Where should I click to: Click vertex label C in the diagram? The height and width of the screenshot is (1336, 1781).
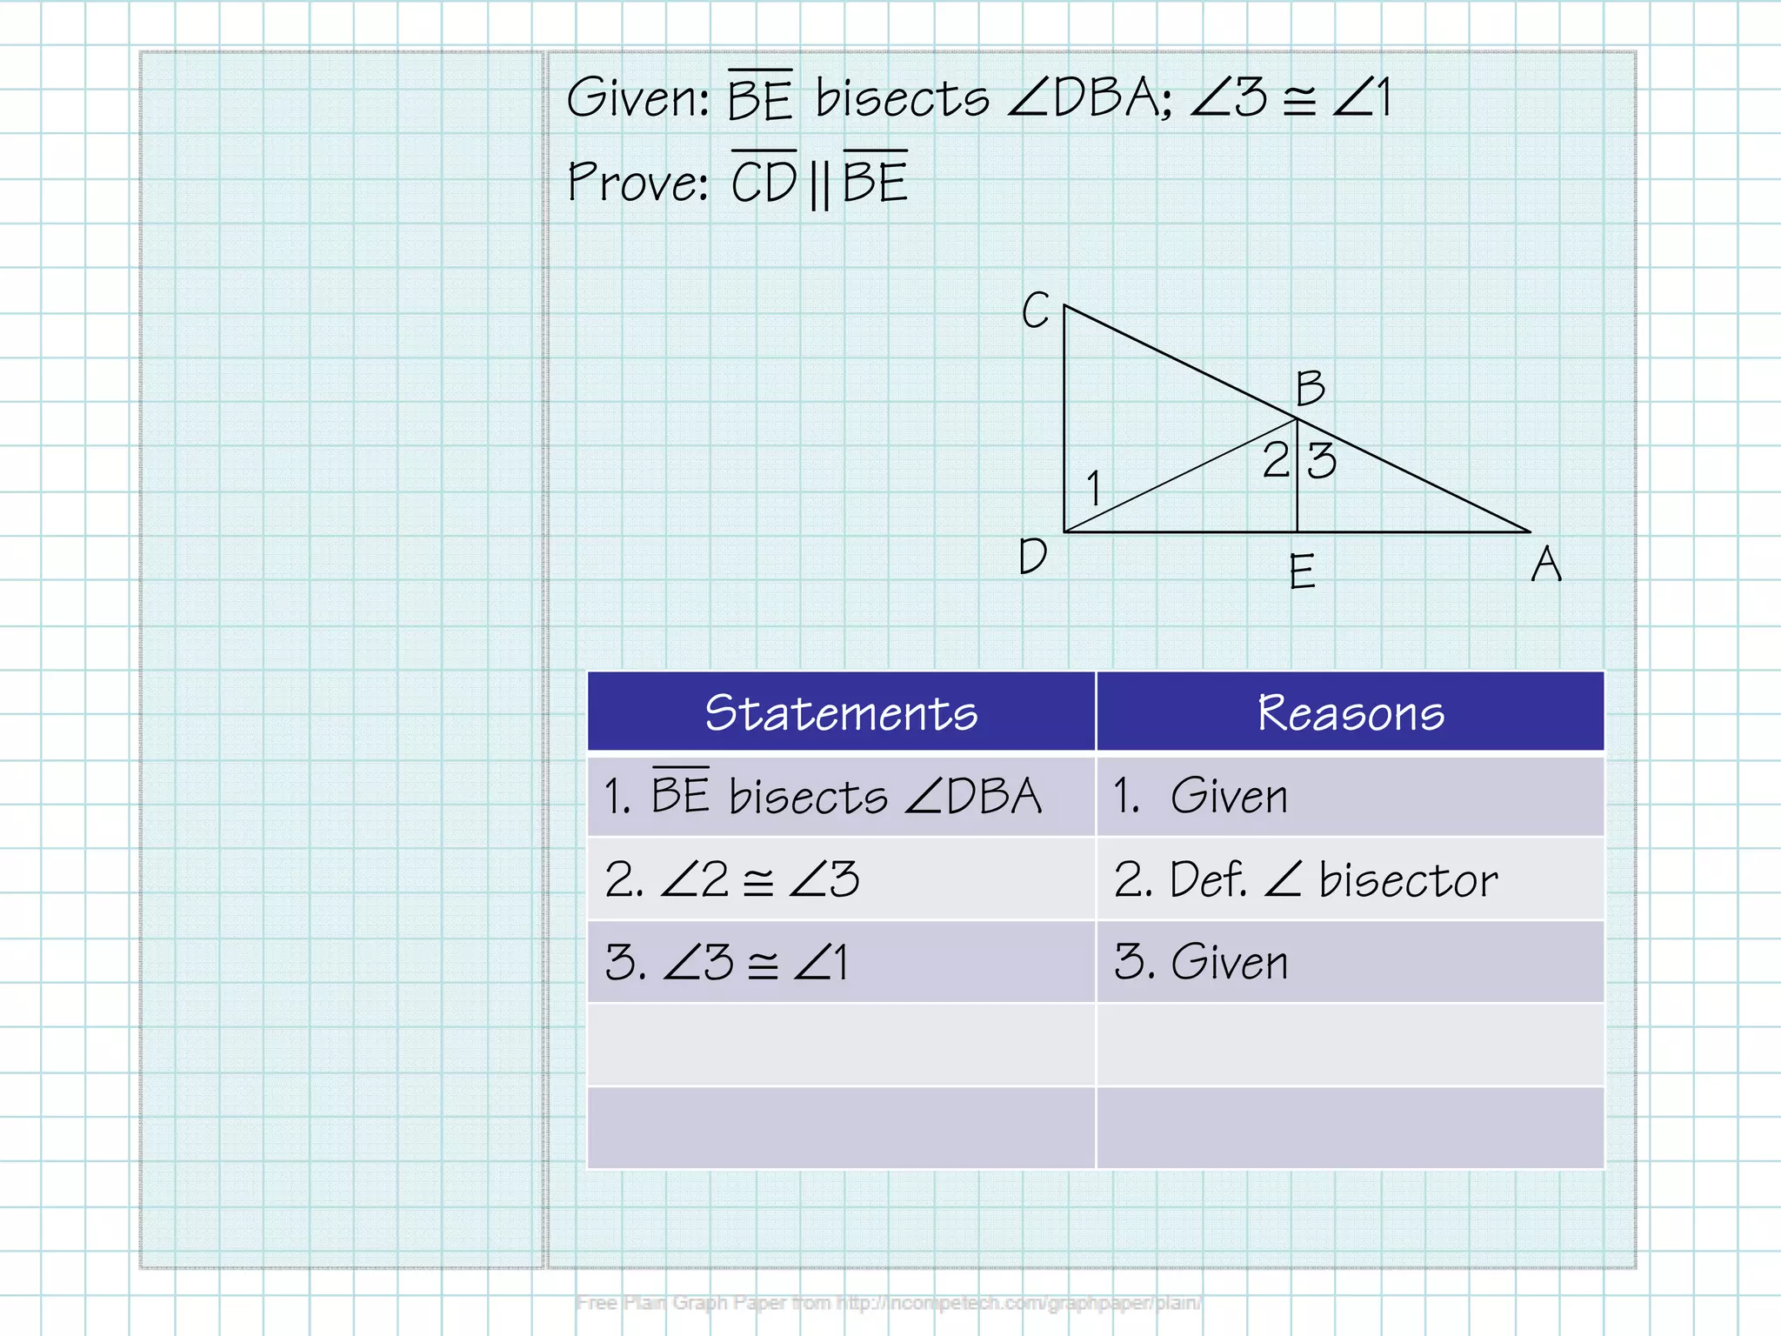click(1035, 311)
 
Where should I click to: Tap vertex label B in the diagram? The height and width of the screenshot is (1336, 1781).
click(1310, 388)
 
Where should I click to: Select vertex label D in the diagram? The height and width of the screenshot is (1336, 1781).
click(1032, 556)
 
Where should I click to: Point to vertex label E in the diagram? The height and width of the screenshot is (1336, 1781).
click(1302, 571)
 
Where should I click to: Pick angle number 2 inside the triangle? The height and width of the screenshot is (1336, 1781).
click(1275, 459)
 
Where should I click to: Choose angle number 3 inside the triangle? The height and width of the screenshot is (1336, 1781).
click(1322, 460)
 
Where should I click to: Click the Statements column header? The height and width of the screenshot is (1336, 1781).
click(841, 712)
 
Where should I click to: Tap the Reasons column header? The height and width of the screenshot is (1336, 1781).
click(1351, 712)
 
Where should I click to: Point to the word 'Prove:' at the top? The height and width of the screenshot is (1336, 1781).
click(637, 183)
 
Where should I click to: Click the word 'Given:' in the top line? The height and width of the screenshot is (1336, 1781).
click(638, 97)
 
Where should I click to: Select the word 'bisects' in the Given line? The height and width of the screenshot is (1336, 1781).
click(902, 97)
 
